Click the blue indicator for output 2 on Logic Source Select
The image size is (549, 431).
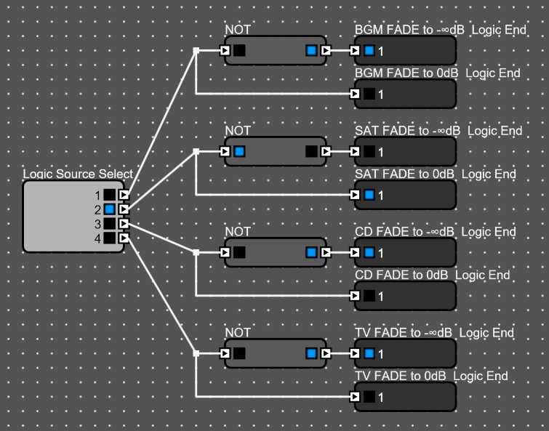click(x=109, y=209)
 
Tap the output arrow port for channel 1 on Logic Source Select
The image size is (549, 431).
click(x=124, y=195)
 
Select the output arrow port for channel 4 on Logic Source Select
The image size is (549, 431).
click(x=124, y=237)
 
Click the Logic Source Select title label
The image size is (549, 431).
click(x=78, y=174)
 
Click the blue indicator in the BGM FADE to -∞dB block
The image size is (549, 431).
click(x=369, y=51)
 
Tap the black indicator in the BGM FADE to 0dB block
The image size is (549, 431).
click(x=369, y=94)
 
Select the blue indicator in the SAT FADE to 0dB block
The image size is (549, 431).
click(x=369, y=195)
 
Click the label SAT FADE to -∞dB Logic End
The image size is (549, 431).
click(x=438, y=131)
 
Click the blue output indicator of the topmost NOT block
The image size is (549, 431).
click(x=312, y=51)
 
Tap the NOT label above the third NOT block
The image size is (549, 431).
click(x=238, y=232)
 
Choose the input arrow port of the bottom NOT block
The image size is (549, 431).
click(x=225, y=353)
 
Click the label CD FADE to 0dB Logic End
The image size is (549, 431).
click(x=432, y=275)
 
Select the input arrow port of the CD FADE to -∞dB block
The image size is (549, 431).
click(x=355, y=252)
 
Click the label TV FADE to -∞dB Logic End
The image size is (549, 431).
click(x=434, y=333)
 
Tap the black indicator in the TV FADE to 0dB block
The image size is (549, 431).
click(x=369, y=397)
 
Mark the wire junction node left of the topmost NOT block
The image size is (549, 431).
click(x=196, y=51)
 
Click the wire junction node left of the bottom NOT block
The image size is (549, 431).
click(x=196, y=353)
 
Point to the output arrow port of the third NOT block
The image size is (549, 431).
click(x=326, y=252)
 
